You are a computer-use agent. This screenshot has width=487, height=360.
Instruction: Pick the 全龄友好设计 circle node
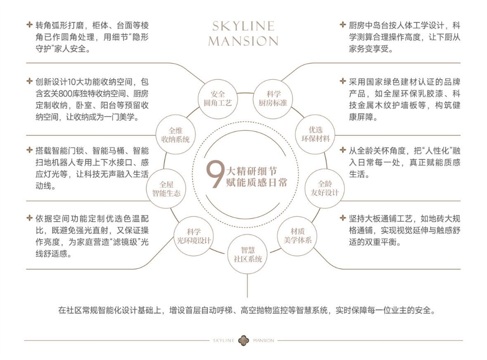tap(325, 188)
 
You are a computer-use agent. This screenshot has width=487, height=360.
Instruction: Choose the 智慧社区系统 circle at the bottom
tap(246, 254)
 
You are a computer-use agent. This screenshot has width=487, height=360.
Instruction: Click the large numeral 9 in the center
tap(215, 176)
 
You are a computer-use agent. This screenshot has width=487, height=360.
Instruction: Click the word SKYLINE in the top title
tap(243, 26)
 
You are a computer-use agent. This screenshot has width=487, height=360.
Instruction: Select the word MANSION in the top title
tap(243, 41)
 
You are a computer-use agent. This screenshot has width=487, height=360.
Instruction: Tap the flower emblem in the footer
tap(243, 341)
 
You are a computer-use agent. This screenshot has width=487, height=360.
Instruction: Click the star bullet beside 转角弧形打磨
tap(29, 25)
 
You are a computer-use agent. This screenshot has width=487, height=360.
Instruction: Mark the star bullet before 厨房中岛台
tap(343, 25)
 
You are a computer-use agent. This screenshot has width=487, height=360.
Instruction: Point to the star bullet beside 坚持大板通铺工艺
tap(343, 218)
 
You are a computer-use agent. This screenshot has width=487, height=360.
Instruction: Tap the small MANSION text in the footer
tap(263, 341)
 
